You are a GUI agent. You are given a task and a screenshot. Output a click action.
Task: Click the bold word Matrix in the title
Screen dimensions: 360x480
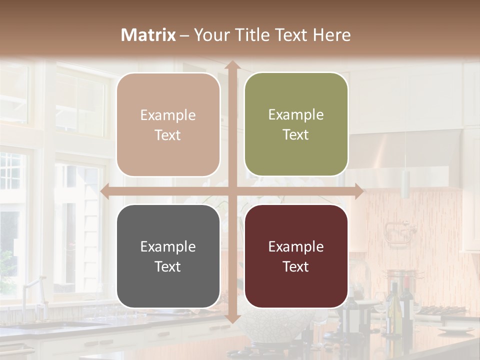click(x=148, y=35)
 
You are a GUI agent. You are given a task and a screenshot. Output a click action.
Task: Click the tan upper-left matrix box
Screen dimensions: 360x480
click(x=168, y=125)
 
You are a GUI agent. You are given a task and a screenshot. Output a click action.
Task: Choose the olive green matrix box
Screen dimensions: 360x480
click(x=296, y=124)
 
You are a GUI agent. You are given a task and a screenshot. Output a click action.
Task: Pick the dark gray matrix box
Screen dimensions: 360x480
click(x=168, y=256)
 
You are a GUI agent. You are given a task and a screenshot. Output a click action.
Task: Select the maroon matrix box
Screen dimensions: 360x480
click(x=296, y=256)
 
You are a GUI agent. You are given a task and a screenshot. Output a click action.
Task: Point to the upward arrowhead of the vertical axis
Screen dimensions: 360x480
click(x=232, y=65)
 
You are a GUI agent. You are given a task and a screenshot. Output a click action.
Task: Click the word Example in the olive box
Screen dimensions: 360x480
click(x=296, y=114)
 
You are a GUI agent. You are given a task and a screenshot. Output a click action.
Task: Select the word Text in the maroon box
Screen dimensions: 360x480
click(x=296, y=266)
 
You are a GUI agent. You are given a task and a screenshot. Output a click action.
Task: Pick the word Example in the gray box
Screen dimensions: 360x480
click(x=168, y=246)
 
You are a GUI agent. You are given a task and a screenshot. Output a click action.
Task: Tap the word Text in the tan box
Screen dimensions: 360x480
click(x=168, y=135)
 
